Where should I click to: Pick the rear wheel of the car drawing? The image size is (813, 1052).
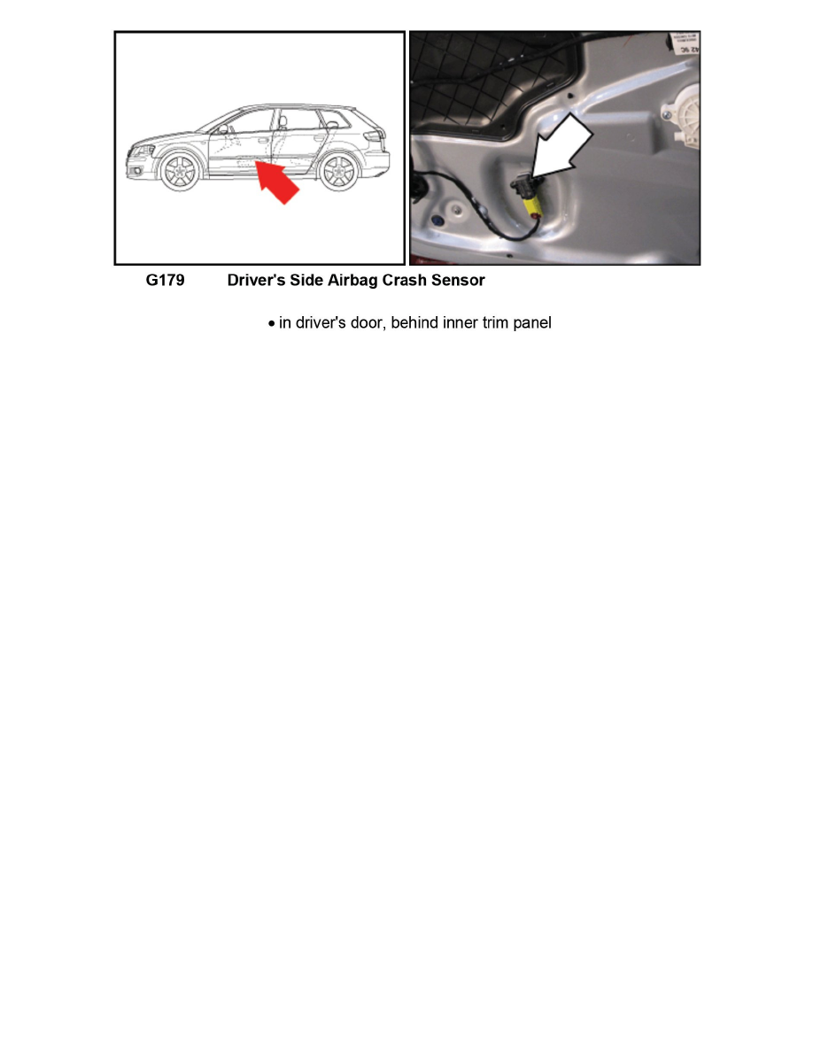338,172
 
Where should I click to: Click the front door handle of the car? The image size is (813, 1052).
262,139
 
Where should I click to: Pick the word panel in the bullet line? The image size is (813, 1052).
531,323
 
